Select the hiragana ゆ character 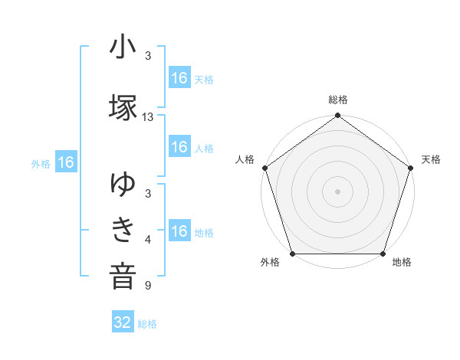[123, 185]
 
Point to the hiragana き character [123, 229]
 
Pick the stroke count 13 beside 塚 [148, 117]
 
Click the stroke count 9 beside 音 [148, 286]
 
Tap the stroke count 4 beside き [148, 241]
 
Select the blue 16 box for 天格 [179, 78]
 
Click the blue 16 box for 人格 [179, 147]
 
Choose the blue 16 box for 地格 [179, 231]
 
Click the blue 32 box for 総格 [123, 322]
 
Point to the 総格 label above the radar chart [338, 100]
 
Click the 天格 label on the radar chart [432, 159]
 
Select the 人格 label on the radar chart [245, 159]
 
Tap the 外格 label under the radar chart [270, 263]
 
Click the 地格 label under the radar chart [402, 263]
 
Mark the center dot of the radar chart [338, 191]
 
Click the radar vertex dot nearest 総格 [338, 116]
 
